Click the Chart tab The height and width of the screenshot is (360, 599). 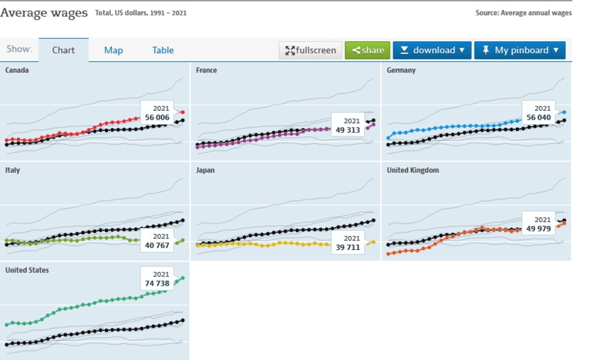[63, 50]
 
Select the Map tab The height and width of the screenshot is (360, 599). [114, 50]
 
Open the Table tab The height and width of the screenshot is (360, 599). [162, 50]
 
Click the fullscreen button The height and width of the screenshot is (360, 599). [311, 50]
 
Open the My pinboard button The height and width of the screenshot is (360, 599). [520, 50]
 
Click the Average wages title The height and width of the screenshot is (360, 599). [44, 12]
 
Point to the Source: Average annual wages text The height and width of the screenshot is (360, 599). [523, 13]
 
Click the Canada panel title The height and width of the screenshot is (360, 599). [17, 70]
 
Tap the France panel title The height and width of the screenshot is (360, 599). [207, 70]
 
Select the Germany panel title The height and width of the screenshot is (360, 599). [401, 70]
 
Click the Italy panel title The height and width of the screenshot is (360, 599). [12, 170]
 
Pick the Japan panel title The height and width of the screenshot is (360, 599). [206, 170]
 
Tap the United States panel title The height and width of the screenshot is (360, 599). [27, 270]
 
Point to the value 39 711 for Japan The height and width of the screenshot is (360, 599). [347, 248]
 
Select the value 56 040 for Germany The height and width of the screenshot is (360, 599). [538, 118]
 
